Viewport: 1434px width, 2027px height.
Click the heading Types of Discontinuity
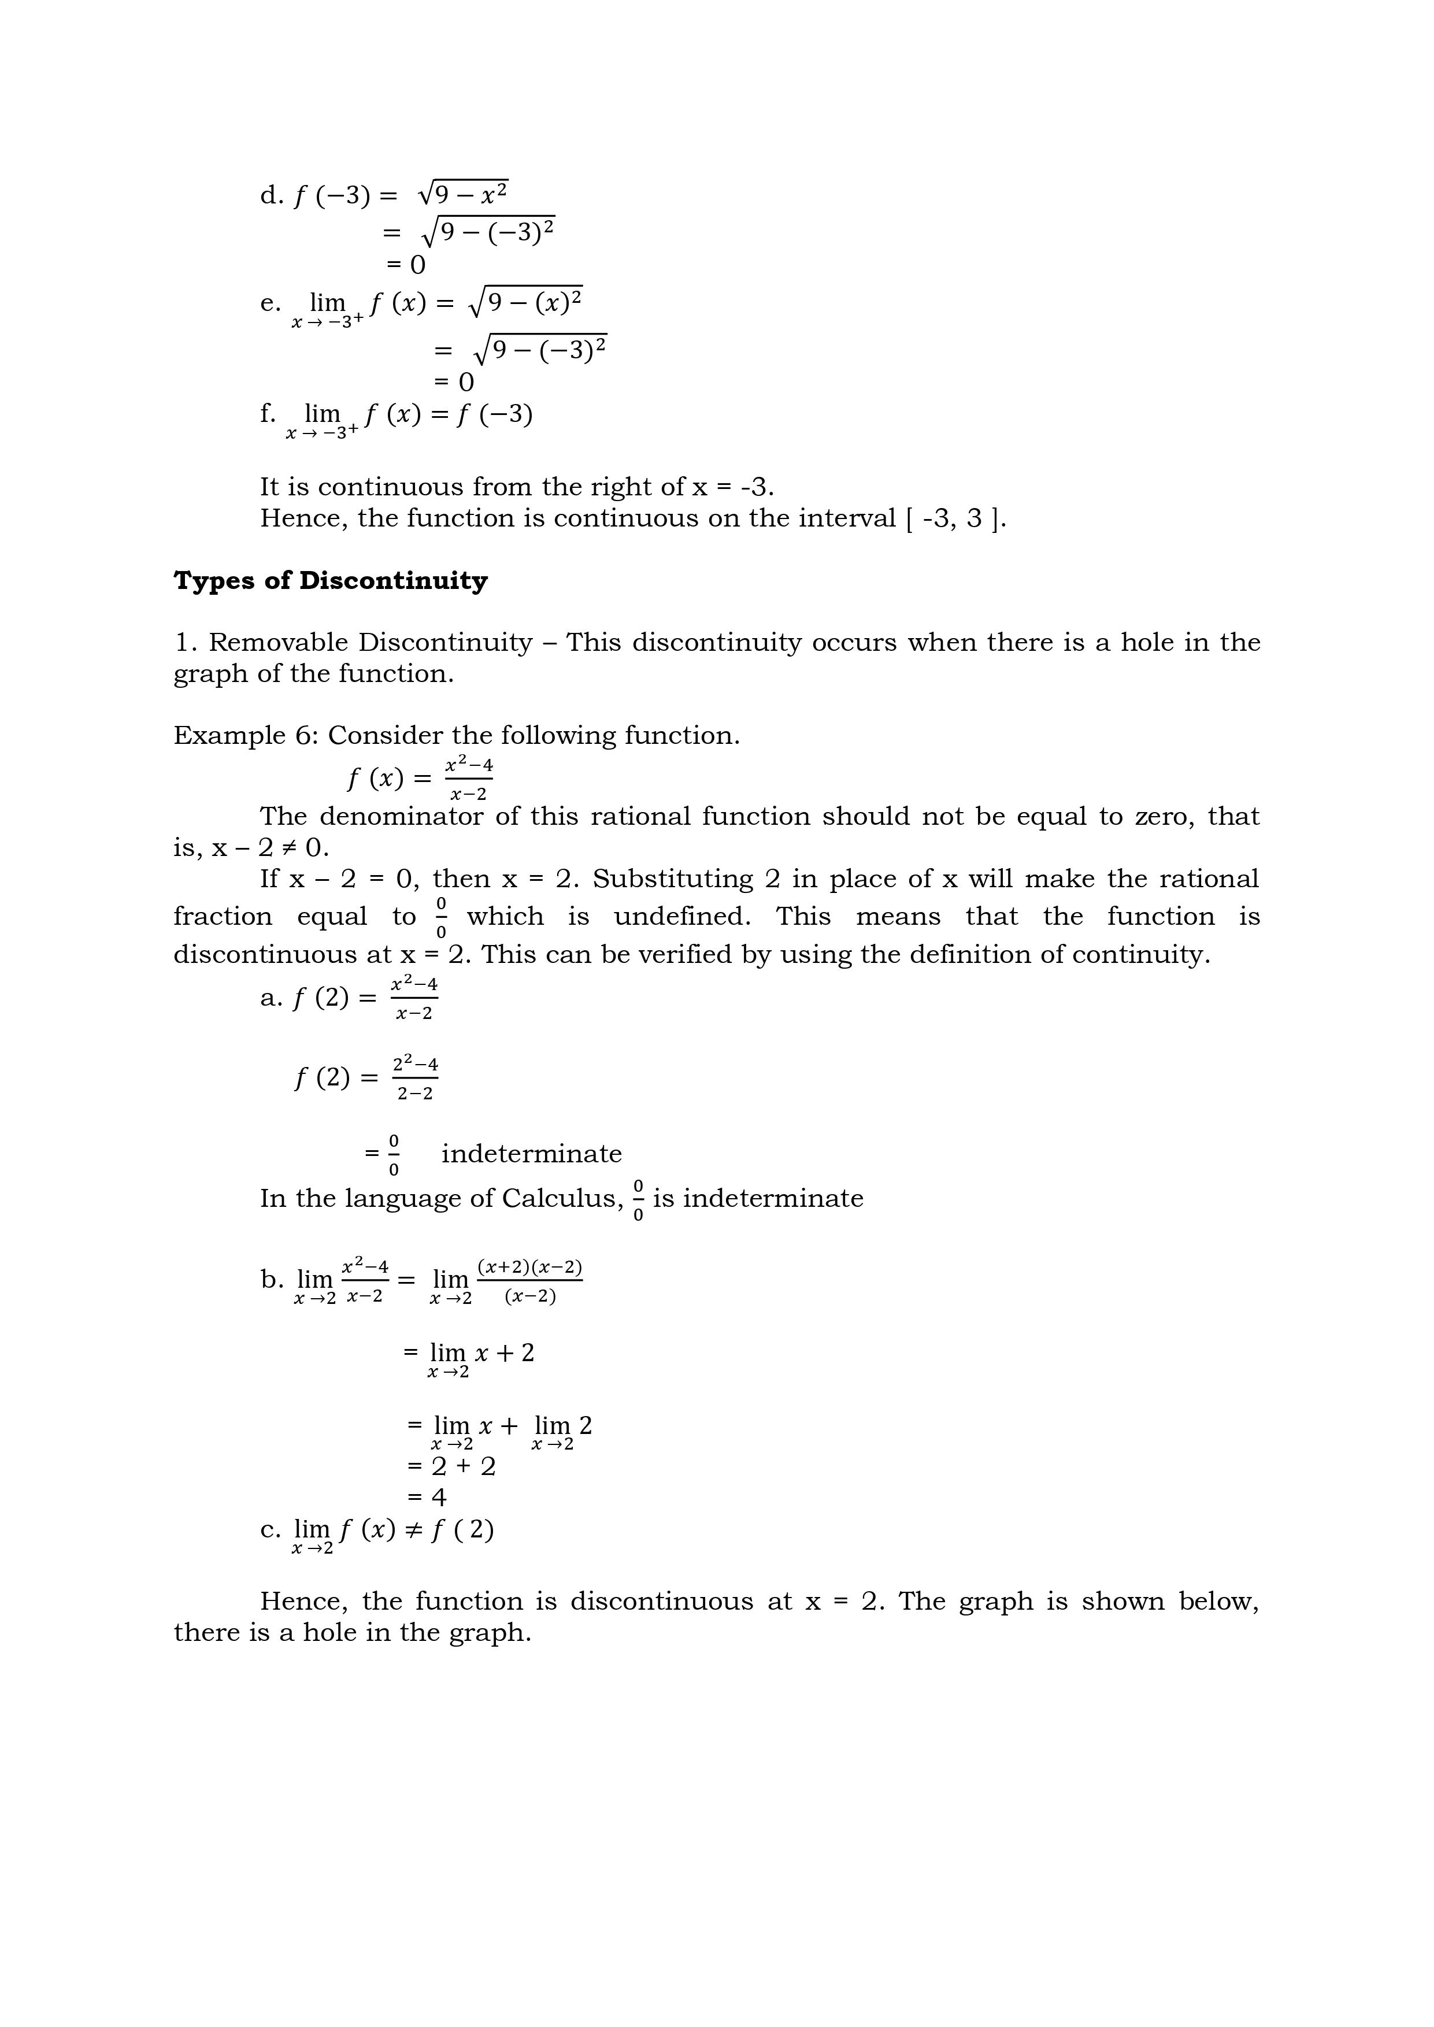pyautogui.click(x=330, y=581)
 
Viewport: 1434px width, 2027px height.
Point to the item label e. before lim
pyautogui.click(x=270, y=303)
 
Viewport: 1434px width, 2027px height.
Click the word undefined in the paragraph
pyautogui.click(x=681, y=916)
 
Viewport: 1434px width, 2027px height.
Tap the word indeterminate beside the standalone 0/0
pyautogui.click(x=532, y=1154)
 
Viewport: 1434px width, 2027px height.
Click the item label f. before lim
pyautogui.click(x=268, y=413)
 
